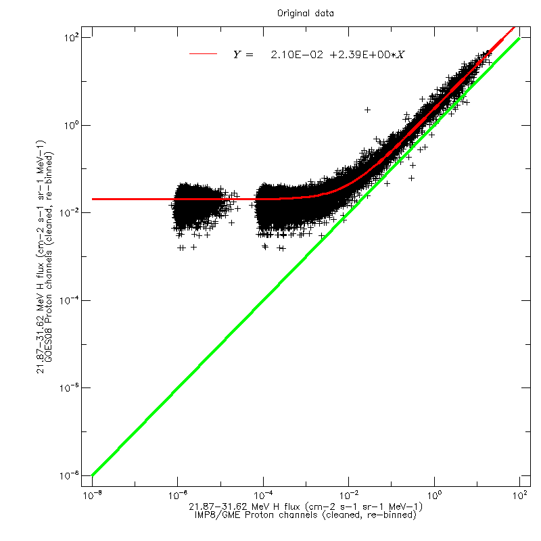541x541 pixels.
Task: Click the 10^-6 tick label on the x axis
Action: tap(178, 496)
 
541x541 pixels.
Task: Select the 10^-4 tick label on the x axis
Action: tap(263, 496)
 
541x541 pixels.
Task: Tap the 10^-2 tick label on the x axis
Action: tap(348, 496)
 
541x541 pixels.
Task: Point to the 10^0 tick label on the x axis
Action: tap(434, 496)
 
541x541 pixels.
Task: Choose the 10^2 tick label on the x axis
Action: tap(519, 496)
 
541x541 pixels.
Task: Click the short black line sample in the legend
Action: tap(203, 54)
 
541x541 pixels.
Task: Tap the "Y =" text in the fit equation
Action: tap(243, 55)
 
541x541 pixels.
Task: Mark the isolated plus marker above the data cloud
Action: tap(368, 110)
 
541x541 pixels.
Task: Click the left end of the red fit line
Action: tap(93, 199)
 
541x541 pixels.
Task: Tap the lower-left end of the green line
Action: tap(93, 475)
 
